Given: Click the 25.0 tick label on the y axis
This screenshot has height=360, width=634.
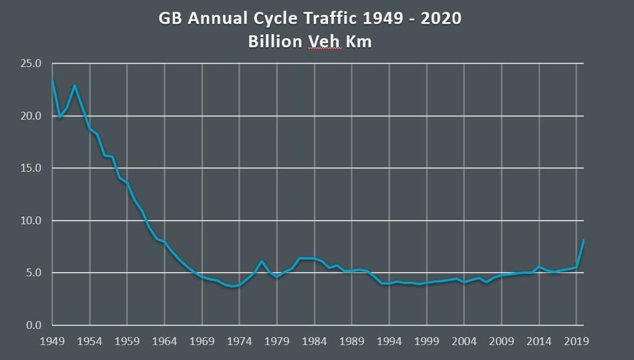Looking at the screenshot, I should [x=31, y=64].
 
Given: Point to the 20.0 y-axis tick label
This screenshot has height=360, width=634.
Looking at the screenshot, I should [x=31, y=116].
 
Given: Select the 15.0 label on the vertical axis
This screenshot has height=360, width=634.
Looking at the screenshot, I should [x=31, y=168].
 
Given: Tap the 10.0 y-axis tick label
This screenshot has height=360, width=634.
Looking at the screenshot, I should [x=31, y=221].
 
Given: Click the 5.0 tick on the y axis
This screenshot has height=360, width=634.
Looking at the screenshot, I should [x=33, y=273].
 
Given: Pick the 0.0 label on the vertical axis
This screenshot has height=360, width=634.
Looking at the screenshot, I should [x=33, y=325].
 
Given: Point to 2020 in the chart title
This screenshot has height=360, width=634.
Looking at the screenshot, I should [x=440, y=19].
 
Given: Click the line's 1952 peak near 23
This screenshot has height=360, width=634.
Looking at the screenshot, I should [x=75, y=86].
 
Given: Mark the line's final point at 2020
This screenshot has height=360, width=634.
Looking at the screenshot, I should [x=583, y=240].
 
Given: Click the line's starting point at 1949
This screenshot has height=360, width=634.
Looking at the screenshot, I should [x=53, y=79].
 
